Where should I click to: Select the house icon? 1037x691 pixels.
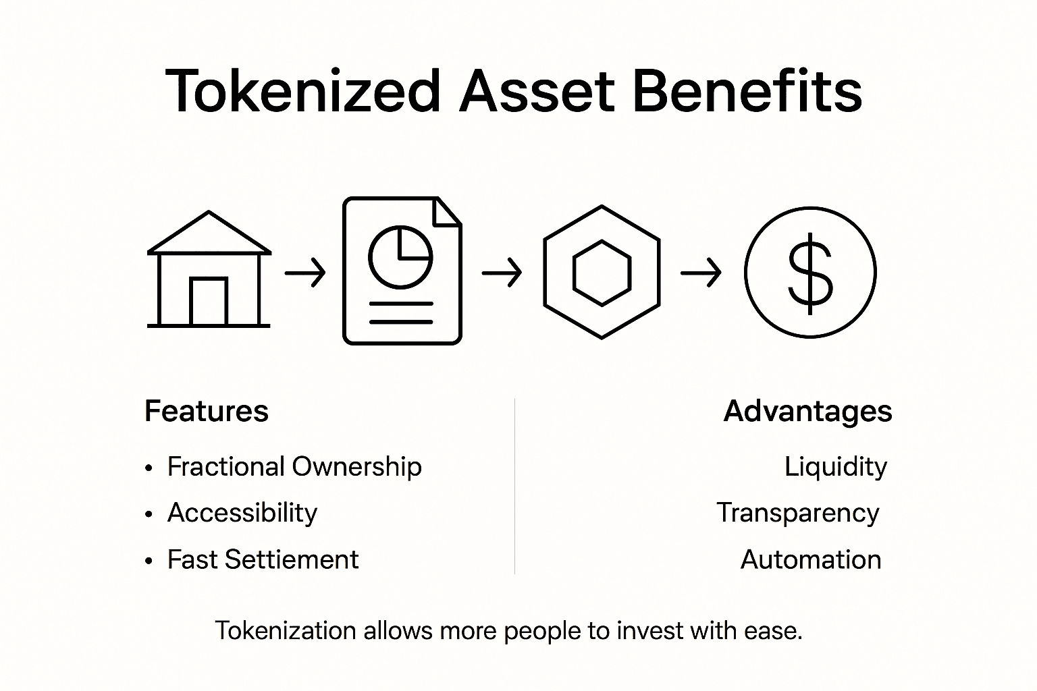coord(209,270)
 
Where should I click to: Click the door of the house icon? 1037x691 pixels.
coord(209,302)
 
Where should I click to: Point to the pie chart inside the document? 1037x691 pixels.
coord(400,257)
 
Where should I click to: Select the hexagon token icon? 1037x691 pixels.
coord(602,272)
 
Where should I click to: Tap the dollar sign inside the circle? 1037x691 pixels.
coord(810,272)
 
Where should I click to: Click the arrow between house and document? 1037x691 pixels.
coord(305,273)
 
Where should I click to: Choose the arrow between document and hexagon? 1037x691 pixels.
coord(502,273)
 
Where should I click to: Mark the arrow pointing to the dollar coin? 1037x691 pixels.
coord(701,273)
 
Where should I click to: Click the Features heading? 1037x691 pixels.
coord(207,411)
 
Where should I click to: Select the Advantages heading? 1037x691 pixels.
coord(807,411)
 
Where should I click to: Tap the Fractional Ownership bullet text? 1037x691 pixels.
coord(294,466)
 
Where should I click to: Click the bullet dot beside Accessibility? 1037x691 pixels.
coord(149,514)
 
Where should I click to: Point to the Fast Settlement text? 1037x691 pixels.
coord(263,559)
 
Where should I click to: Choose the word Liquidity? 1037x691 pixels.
coord(835,466)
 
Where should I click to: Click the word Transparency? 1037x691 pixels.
coord(797,513)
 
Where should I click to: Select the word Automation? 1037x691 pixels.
coord(810,559)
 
